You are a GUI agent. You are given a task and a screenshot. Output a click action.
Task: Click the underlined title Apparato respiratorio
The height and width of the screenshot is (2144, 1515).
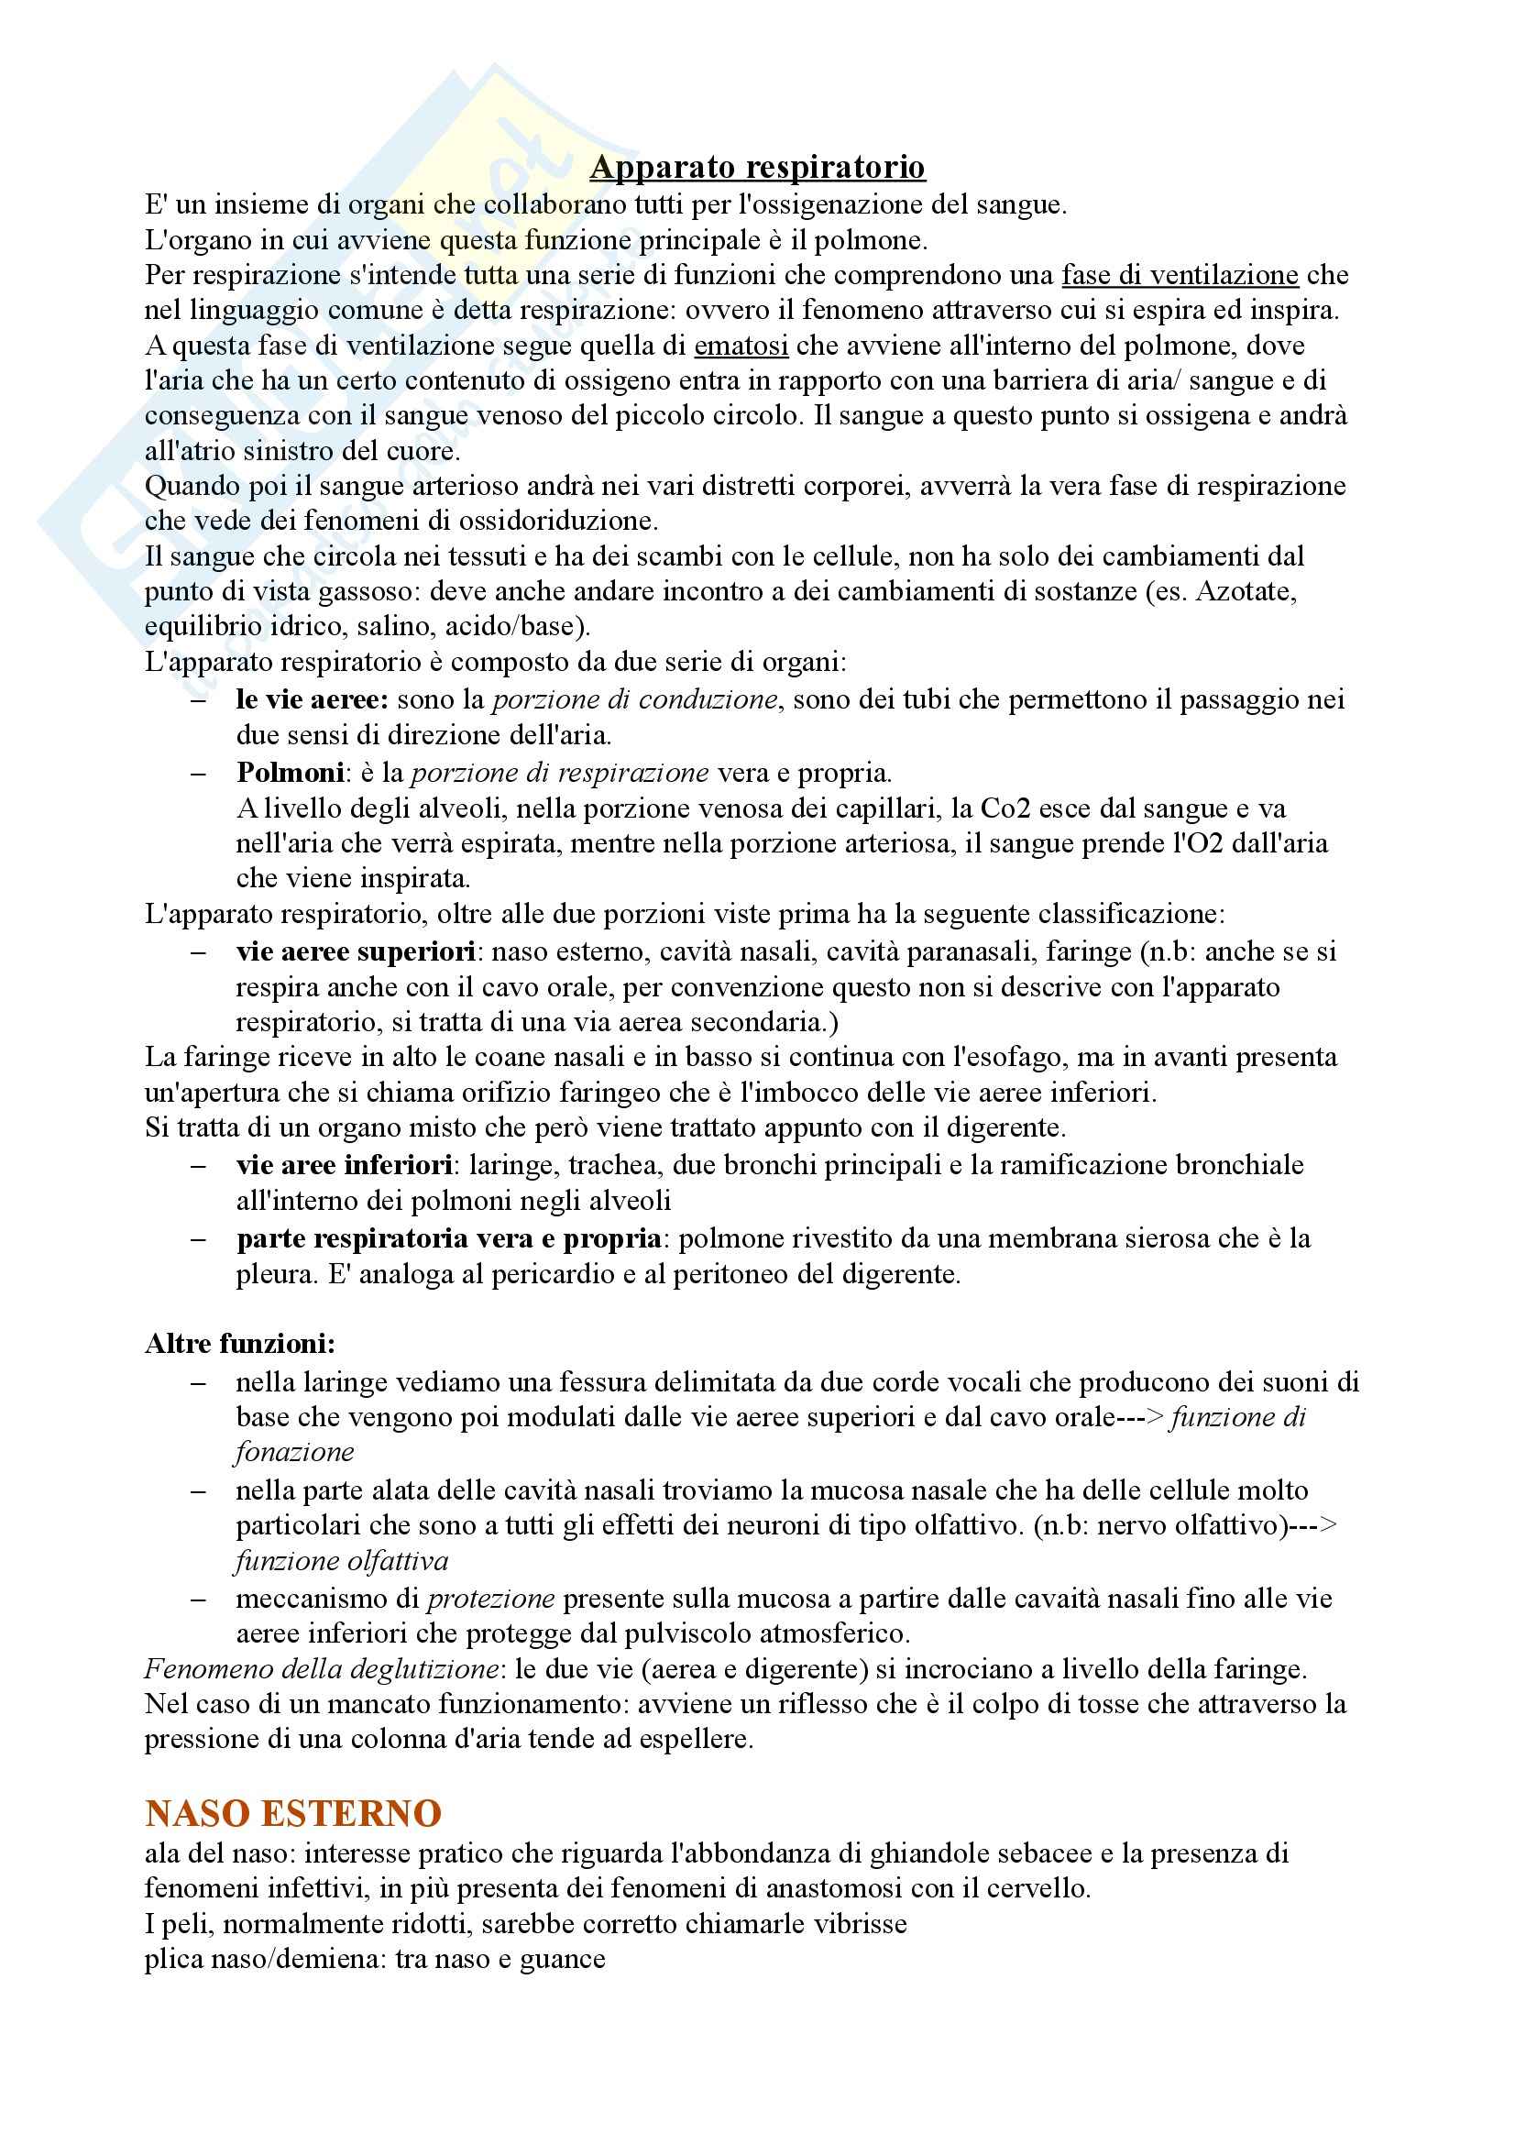pyautogui.click(x=757, y=167)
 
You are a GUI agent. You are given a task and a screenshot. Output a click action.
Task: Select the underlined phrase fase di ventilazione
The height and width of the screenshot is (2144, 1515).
pyautogui.click(x=1180, y=276)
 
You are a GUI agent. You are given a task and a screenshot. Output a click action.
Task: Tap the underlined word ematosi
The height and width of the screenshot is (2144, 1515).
pyautogui.click(x=741, y=346)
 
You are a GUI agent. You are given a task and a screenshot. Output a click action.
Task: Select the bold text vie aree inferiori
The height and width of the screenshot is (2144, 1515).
pyautogui.click(x=345, y=1165)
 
